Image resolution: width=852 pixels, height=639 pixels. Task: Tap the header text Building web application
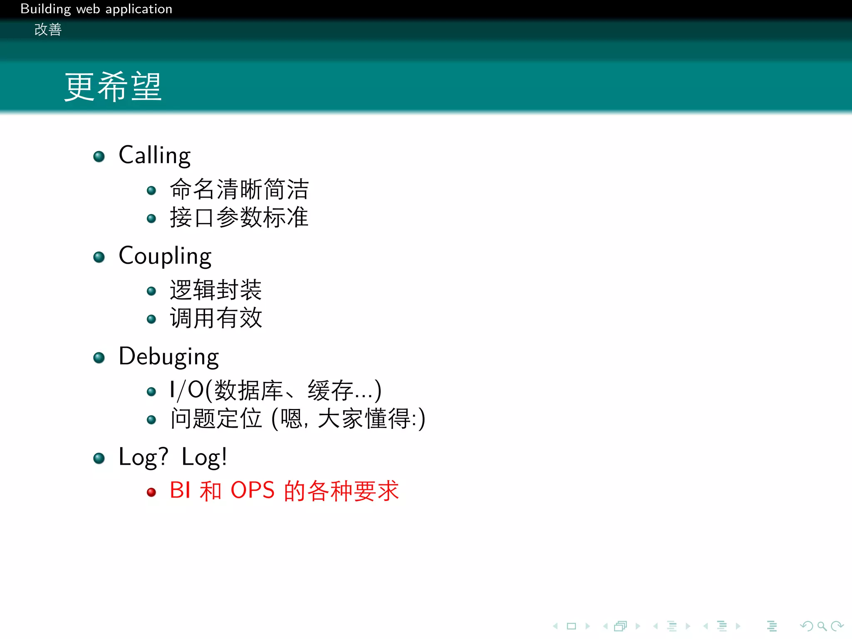96,9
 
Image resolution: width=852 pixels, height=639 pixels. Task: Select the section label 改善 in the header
48,30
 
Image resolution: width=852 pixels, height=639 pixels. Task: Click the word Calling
154,156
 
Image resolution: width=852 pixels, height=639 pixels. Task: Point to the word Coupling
165,256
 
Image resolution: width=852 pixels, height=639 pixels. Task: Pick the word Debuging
168,357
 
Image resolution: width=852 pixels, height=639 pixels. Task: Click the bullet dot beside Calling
99,156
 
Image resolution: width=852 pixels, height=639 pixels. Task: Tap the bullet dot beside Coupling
99,257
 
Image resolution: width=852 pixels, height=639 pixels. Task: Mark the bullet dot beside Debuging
99,358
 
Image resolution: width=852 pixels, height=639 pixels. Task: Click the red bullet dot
151,492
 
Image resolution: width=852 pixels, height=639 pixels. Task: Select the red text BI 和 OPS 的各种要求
284,490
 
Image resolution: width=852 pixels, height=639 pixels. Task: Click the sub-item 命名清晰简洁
239,189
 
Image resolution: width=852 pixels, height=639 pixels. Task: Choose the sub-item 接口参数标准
239,217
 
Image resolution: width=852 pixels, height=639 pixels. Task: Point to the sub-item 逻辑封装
215,290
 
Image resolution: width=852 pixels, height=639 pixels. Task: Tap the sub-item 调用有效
215,318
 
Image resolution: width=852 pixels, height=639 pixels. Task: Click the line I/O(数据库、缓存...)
275,391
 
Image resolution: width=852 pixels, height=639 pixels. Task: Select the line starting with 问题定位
298,419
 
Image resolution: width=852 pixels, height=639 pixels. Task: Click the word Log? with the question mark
144,457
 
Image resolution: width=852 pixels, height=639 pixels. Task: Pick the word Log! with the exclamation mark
204,457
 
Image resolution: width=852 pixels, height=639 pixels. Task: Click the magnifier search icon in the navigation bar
822,626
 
